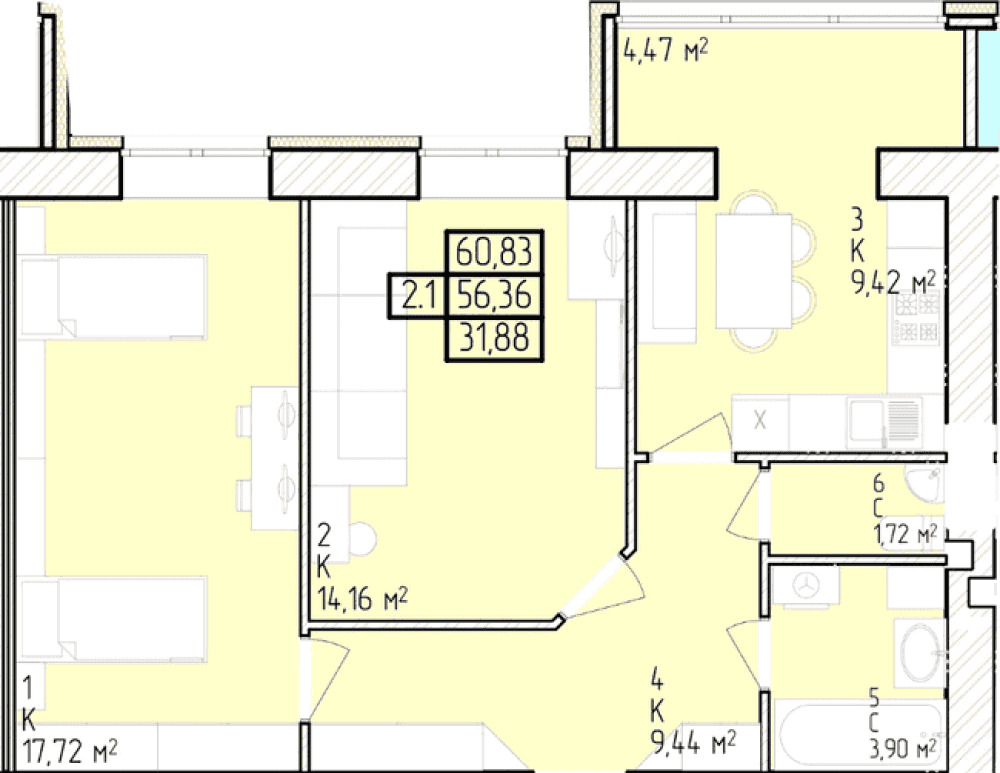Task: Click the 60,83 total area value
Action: pos(494,252)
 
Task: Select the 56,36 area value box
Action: pos(495,295)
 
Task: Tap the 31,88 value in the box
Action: pos(494,338)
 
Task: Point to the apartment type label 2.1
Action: pos(418,296)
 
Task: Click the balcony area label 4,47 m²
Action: pos(666,49)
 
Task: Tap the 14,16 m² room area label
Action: pos(363,599)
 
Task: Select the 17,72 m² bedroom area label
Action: pos(70,752)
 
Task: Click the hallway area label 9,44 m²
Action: pos(693,742)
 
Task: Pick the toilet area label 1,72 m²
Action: pos(905,534)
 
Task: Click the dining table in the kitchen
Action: pos(754,272)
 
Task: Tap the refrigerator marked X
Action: pos(760,422)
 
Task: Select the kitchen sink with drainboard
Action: pos(885,422)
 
